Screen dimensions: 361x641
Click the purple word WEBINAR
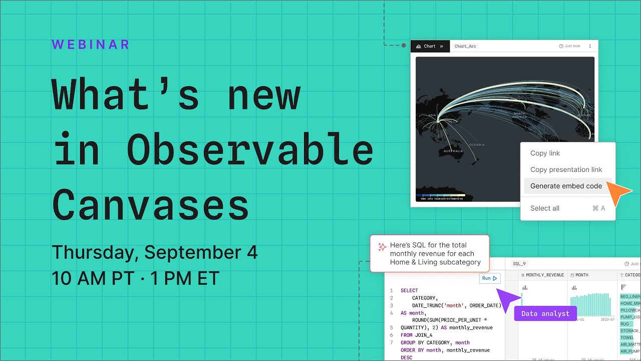click(x=91, y=45)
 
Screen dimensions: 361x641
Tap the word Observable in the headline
click(x=249, y=150)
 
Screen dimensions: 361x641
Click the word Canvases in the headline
click(x=150, y=206)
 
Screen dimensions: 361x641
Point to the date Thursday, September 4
click(x=155, y=252)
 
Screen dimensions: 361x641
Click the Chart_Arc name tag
click(x=465, y=46)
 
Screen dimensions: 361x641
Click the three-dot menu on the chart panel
click(x=589, y=46)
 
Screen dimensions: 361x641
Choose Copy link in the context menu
click(x=545, y=153)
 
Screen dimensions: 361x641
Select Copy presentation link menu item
click(x=566, y=169)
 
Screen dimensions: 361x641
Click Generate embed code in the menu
click(x=566, y=186)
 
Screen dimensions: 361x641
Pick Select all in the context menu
click(x=545, y=208)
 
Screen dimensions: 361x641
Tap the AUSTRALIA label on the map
click(x=453, y=151)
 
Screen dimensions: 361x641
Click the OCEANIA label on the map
click(x=476, y=145)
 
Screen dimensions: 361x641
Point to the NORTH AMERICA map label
click(x=519, y=115)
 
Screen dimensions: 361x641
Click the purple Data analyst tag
click(x=545, y=314)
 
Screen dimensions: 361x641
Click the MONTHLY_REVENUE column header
click(x=545, y=275)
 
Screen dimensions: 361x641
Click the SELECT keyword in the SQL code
click(x=409, y=291)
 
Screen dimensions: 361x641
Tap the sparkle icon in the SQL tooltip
click(x=382, y=247)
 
